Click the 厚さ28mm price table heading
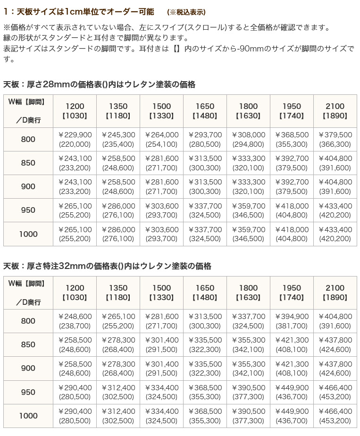99,84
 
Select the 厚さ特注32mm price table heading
107,266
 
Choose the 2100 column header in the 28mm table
335,111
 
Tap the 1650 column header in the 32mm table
205,293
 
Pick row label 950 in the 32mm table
28,392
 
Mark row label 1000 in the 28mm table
28,234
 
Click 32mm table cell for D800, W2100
335,321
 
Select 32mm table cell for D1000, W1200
75,416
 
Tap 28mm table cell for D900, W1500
161,187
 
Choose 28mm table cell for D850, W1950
292,163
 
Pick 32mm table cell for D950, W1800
248,392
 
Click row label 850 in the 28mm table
28,163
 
